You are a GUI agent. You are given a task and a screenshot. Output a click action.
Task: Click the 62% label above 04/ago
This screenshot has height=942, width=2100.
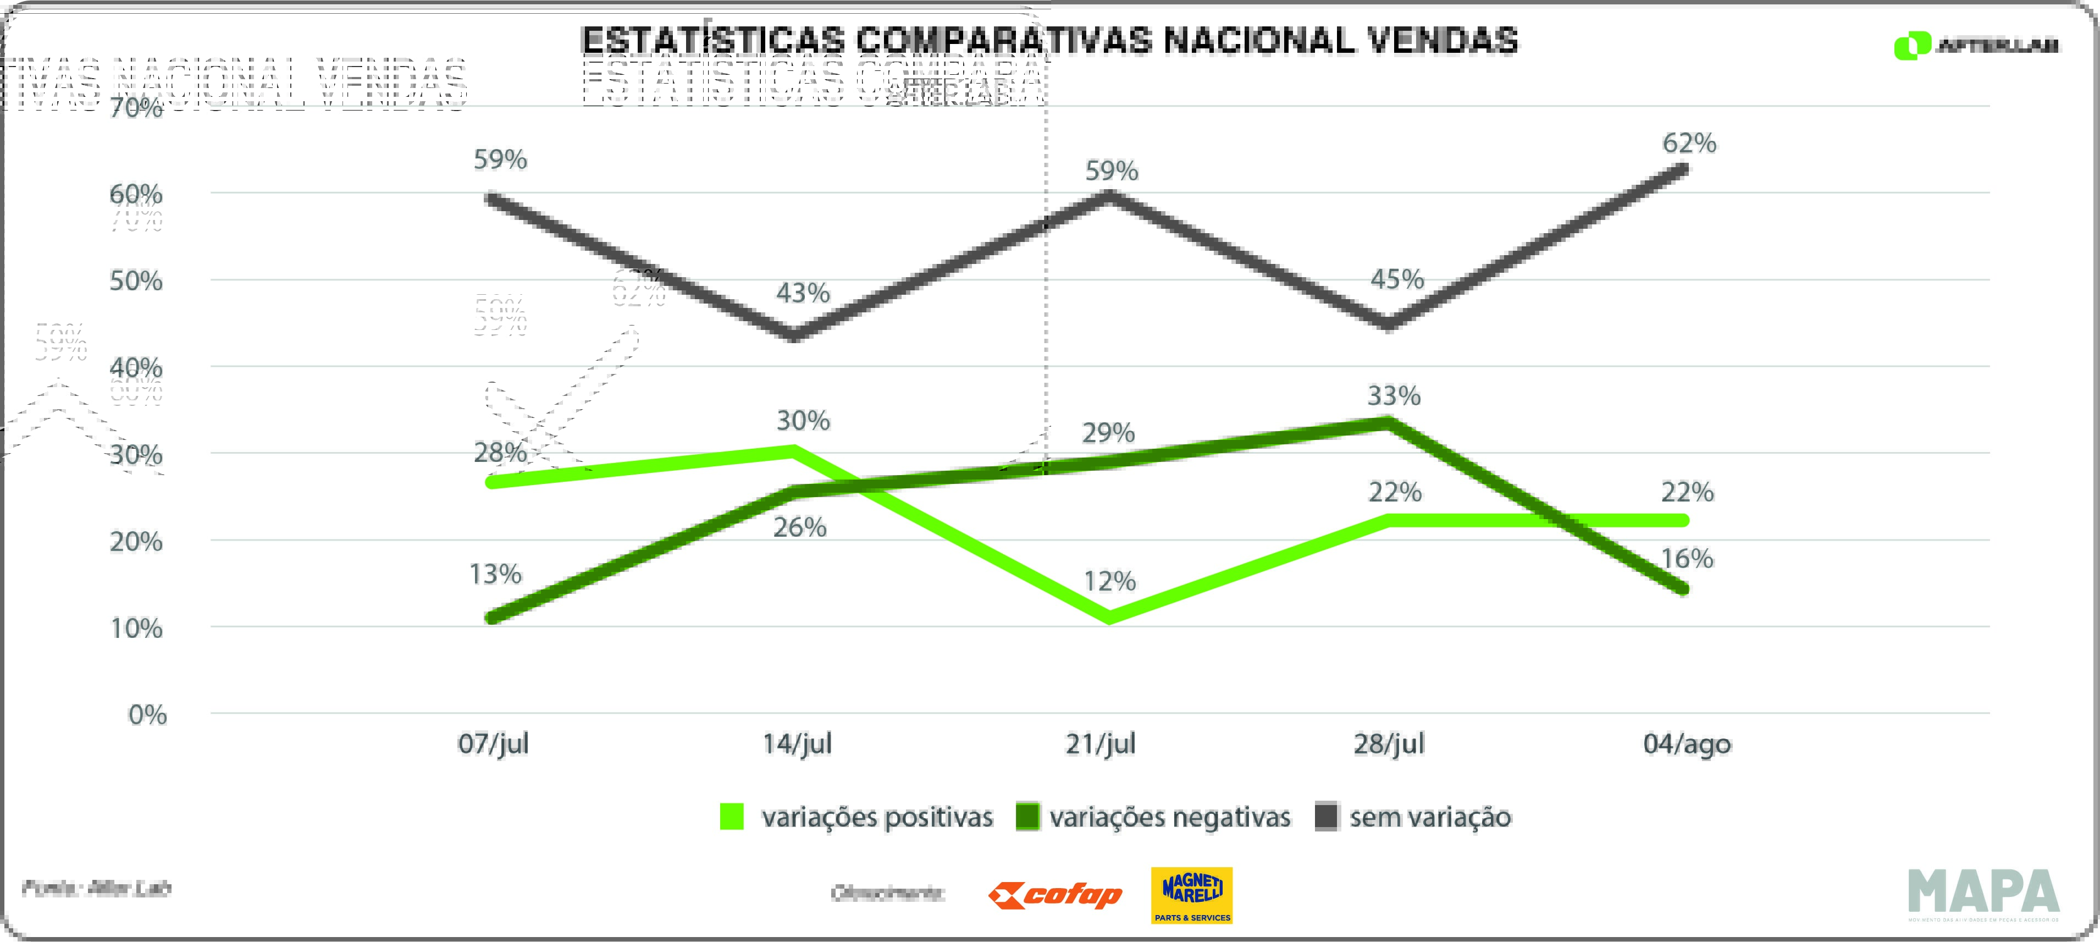point(1688,144)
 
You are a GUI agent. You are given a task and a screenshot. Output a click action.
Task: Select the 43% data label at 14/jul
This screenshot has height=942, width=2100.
point(802,293)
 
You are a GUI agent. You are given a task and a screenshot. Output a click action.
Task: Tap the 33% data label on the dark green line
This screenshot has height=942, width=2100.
point(1393,396)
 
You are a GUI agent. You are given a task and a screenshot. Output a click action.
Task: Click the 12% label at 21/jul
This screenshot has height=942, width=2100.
point(1109,581)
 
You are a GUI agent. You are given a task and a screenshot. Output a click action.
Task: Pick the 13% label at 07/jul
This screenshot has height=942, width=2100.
point(495,574)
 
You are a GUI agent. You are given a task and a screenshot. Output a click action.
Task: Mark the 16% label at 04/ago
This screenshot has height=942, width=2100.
point(1687,559)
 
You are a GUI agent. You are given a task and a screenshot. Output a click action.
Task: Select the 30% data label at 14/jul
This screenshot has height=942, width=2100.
point(802,421)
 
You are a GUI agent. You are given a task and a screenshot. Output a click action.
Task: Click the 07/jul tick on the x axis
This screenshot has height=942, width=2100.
point(493,744)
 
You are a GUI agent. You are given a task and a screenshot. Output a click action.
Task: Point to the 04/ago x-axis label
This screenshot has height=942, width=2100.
point(1686,744)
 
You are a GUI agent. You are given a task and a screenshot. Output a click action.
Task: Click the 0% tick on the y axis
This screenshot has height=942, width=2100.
point(147,715)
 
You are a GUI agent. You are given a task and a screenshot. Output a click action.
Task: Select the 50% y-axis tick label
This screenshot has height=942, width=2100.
point(136,282)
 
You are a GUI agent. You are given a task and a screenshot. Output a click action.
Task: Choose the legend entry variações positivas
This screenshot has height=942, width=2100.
point(856,817)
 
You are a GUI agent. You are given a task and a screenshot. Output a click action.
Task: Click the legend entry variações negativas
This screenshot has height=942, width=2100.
point(1153,817)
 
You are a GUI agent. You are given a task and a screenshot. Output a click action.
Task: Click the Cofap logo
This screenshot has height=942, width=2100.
point(1055,895)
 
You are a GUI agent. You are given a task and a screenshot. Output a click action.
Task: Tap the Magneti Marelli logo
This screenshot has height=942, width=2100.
point(1191,895)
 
